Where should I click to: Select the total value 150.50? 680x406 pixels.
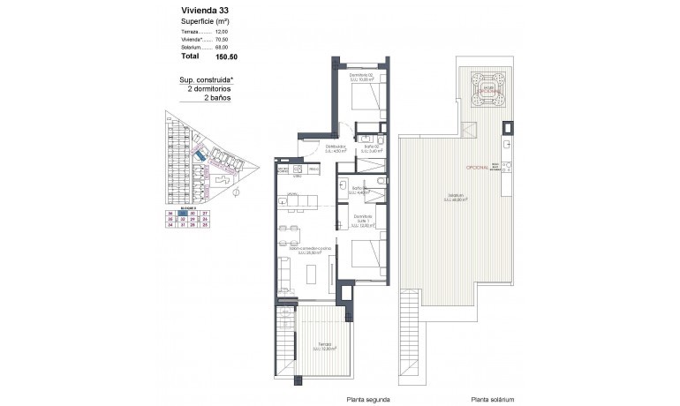pyautogui.click(x=226, y=56)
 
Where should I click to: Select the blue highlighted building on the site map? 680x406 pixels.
pyautogui.click(x=202, y=155)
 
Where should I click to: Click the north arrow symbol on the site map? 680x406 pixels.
pyautogui.click(x=237, y=190)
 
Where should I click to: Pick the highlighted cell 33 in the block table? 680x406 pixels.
pyautogui.click(x=181, y=213)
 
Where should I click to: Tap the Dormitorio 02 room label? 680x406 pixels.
pyautogui.click(x=360, y=77)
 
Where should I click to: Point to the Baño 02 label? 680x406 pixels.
pyautogui.click(x=371, y=147)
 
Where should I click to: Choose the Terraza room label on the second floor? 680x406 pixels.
pyautogui.click(x=321, y=348)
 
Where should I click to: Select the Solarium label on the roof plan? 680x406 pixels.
pyautogui.click(x=456, y=197)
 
